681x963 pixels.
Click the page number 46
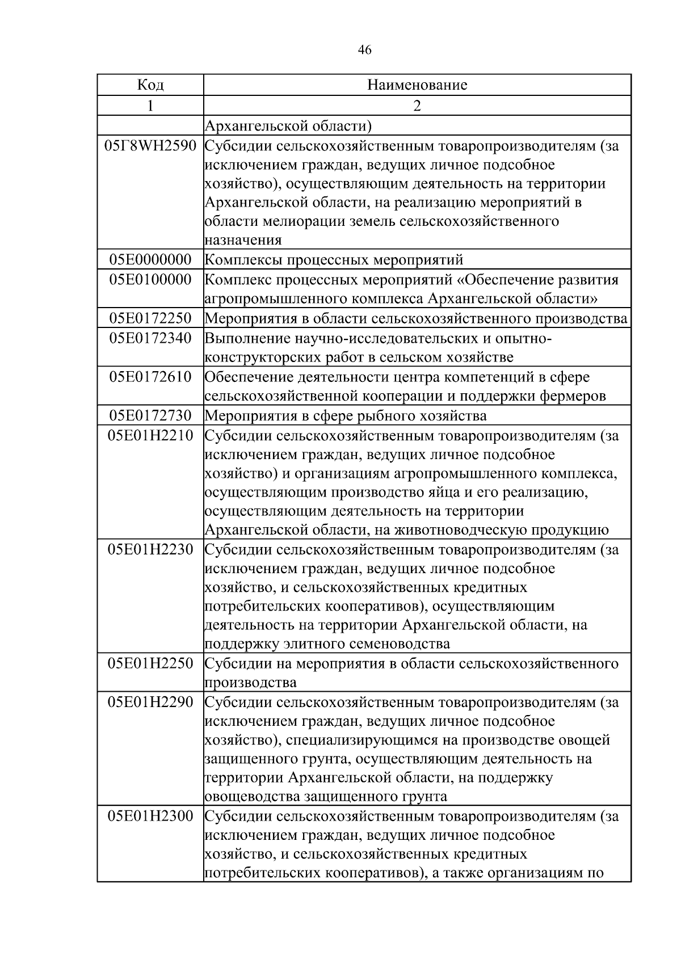tap(365, 50)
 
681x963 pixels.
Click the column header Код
tap(150, 85)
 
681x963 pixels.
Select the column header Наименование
tap(417, 85)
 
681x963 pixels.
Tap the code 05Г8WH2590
tap(150, 146)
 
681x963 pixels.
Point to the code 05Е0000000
tap(150, 260)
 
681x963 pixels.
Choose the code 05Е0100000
tap(150, 280)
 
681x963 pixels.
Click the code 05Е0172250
tap(150, 318)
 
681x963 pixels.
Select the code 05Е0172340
tap(150, 339)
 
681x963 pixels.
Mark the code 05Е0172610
tap(150, 377)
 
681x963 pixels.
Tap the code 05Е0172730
tap(150, 415)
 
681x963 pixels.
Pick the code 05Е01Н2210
tap(150, 436)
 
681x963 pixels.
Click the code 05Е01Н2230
tap(150, 549)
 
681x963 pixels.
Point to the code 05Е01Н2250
tap(150, 663)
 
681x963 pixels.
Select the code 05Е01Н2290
tap(150, 703)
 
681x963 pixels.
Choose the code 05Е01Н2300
tap(150, 817)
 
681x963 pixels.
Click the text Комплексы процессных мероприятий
tap(334, 260)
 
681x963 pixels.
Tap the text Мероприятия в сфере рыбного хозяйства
tap(345, 416)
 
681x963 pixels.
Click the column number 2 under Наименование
tap(417, 106)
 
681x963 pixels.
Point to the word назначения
tap(243, 240)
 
